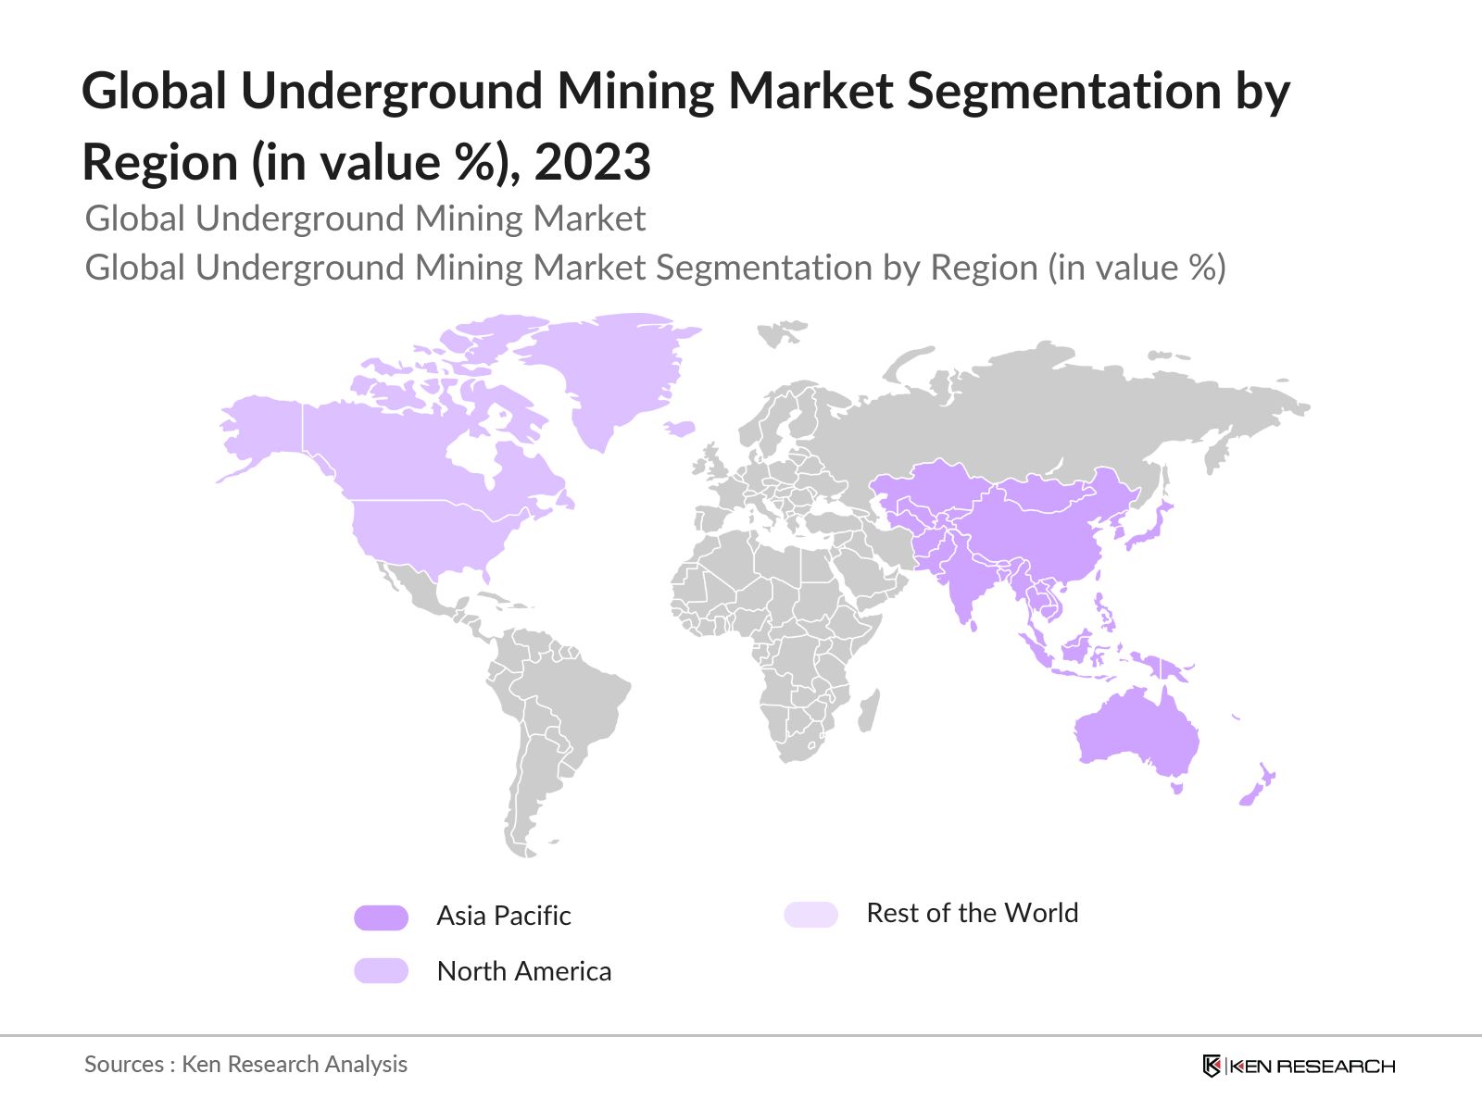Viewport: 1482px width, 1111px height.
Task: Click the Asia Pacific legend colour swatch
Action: coord(381,918)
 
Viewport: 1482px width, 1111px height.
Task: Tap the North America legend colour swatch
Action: coord(381,970)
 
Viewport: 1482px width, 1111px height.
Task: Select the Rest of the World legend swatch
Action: coord(810,915)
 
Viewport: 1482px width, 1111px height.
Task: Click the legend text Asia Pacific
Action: coord(503,916)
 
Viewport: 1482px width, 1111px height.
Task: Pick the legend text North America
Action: coord(523,971)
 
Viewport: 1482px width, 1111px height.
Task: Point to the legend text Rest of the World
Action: coord(972,913)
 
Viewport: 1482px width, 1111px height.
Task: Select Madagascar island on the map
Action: coord(869,711)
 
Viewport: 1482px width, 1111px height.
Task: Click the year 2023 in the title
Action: coord(593,162)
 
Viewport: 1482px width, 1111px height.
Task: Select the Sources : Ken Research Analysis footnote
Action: coord(245,1064)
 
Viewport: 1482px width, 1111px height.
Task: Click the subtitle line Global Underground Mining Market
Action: coord(365,218)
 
